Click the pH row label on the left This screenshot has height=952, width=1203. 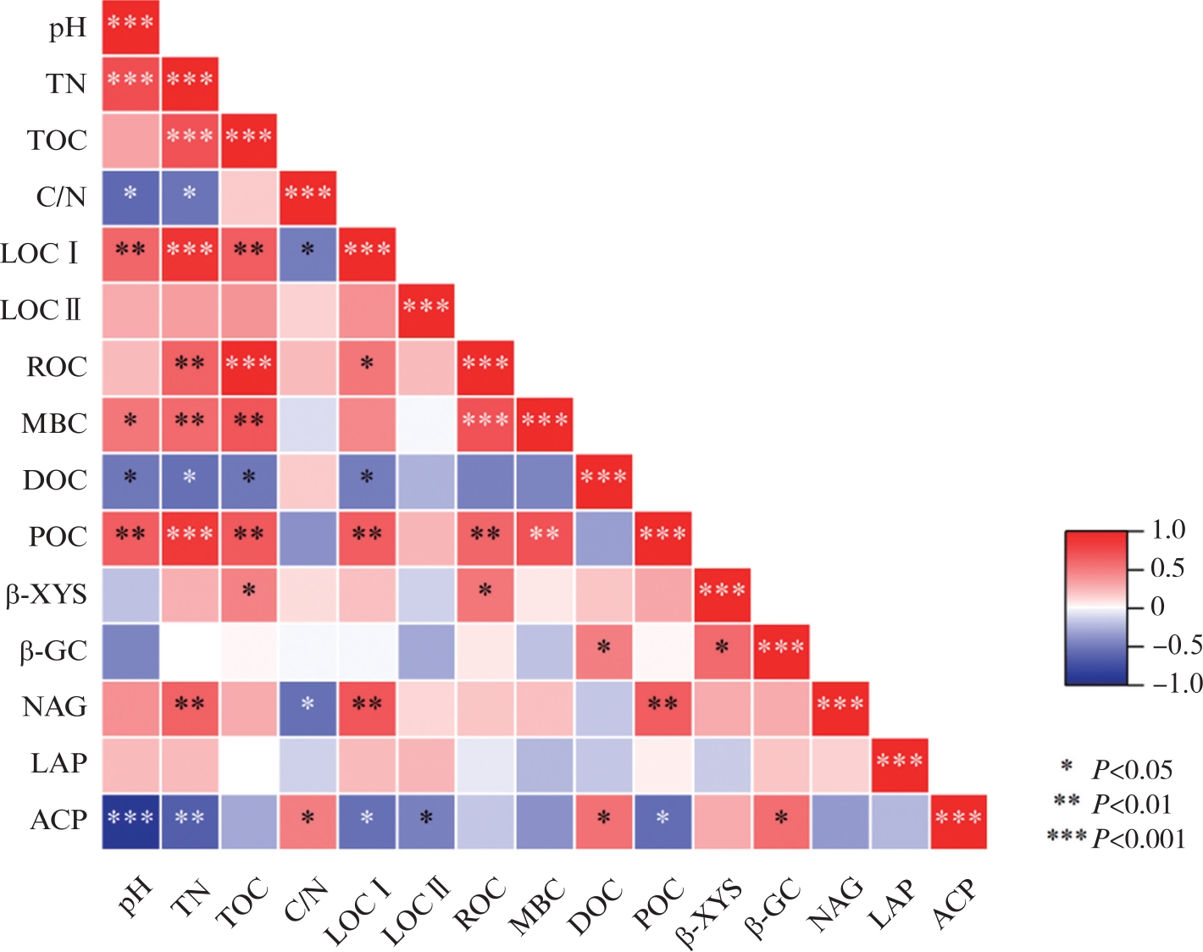click(67, 28)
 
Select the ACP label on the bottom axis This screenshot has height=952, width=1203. click(955, 904)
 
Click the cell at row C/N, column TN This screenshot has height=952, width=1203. click(190, 197)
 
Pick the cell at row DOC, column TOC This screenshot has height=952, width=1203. click(249, 480)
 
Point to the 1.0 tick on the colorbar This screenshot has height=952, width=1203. click(1167, 530)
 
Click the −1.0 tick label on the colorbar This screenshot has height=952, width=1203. click(1177, 683)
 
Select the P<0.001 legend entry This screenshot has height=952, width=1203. click(1138, 839)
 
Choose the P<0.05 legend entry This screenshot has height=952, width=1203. click(1132, 770)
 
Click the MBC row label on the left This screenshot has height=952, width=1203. click(54, 423)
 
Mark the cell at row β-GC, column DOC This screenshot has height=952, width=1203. click(603, 650)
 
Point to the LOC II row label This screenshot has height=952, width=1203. click(42, 310)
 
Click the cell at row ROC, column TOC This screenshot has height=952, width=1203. click(249, 368)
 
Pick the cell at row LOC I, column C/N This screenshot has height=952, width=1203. click(308, 254)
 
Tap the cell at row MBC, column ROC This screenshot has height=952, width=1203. click(485, 423)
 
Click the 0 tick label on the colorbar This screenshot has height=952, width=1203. click(1157, 606)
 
